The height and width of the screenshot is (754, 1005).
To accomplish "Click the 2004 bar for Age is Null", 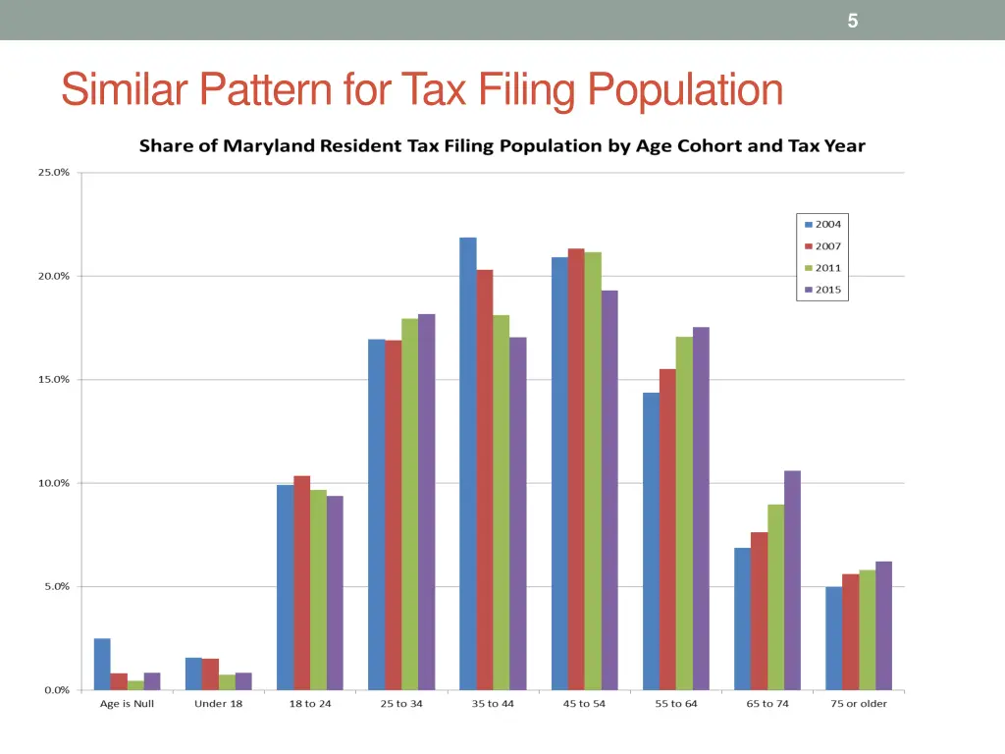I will click(102, 664).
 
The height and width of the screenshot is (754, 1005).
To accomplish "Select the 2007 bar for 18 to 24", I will click(301, 583).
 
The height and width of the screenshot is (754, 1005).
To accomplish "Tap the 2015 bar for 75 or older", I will click(883, 625).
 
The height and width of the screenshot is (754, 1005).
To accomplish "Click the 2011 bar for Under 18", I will click(227, 682).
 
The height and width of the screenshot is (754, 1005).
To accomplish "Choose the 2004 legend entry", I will click(821, 225).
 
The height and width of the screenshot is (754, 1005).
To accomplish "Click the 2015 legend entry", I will click(821, 290).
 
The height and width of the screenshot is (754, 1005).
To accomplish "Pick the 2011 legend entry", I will click(821, 268).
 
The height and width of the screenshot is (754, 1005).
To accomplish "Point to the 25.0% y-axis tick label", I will click(53, 173).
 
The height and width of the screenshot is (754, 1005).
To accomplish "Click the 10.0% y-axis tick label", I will click(53, 483).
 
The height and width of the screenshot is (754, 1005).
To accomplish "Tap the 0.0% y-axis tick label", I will click(56, 690).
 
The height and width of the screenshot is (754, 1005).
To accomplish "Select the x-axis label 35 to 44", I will click(493, 704).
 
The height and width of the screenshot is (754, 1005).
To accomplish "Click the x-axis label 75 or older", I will click(859, 704).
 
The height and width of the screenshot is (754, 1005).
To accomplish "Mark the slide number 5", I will click(853, 21).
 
